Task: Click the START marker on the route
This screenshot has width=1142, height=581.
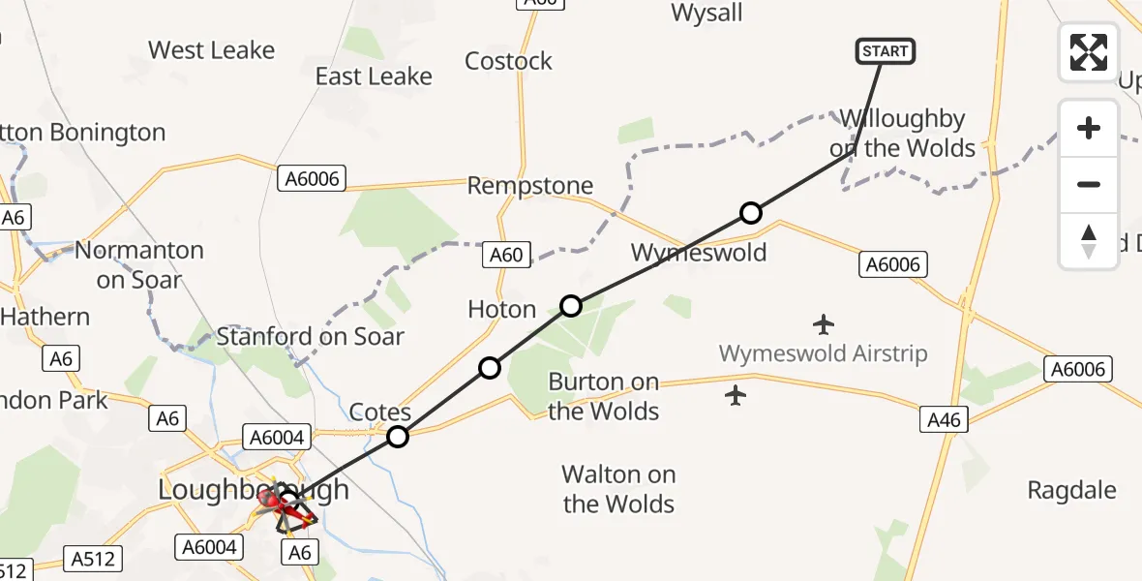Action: tap(886, 51)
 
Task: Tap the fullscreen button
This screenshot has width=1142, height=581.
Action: tap(1089, 51)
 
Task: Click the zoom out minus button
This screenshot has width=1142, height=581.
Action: tap(1089, 184)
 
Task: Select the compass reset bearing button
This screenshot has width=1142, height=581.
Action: tap(1089, 241)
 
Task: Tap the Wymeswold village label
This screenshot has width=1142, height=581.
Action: tap(699, 253)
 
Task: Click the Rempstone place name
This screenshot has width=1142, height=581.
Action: tap(529, 185)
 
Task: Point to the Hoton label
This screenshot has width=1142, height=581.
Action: tap(501, 309)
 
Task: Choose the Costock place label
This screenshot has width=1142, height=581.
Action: tap(508, 61)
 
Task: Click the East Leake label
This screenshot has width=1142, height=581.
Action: tap(374, 76)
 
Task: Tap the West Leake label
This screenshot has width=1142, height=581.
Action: tap(211, 49)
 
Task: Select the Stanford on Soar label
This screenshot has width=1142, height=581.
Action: tap(310, 337)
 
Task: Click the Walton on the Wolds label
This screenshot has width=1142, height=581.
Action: tap(618, 489)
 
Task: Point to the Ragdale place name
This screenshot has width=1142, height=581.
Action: tap(1071, 490)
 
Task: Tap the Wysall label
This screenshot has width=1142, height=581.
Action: tap(706, 13)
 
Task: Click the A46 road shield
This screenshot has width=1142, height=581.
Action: tap(943, 418)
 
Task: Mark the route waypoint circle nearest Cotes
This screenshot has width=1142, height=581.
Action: tap(398, 437)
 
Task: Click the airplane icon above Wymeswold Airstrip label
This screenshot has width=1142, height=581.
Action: tap(824, 323)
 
